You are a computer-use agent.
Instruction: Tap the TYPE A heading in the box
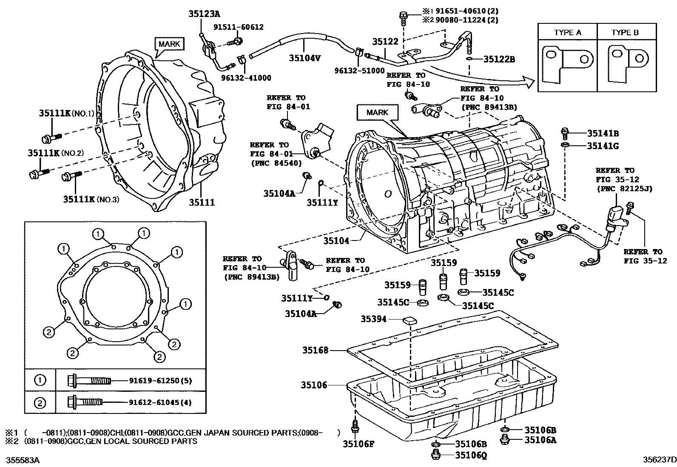pyautogui.click(x=567, y=32)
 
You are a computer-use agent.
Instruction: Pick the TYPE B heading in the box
pyautogui.click(x=625, y=32)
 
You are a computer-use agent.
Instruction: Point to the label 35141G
pyautogui.click(x=603, y=146)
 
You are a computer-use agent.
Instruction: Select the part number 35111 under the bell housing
pyautogui.click(x=202, y=202)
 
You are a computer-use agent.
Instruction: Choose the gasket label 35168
pyautogui.click(x=316, y=350)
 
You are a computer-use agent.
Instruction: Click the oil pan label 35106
pyautogui.click(x=314, y=385)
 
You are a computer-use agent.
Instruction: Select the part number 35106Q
pyautogui.click(x=471, y=456)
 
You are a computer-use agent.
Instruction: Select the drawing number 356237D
pyautogui.click(x=659, y=460)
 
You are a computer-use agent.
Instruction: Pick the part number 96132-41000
pyautogui.click(x=246, y=78)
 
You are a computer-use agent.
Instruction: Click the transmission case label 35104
pyautogui.click(x=336, y=241)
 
